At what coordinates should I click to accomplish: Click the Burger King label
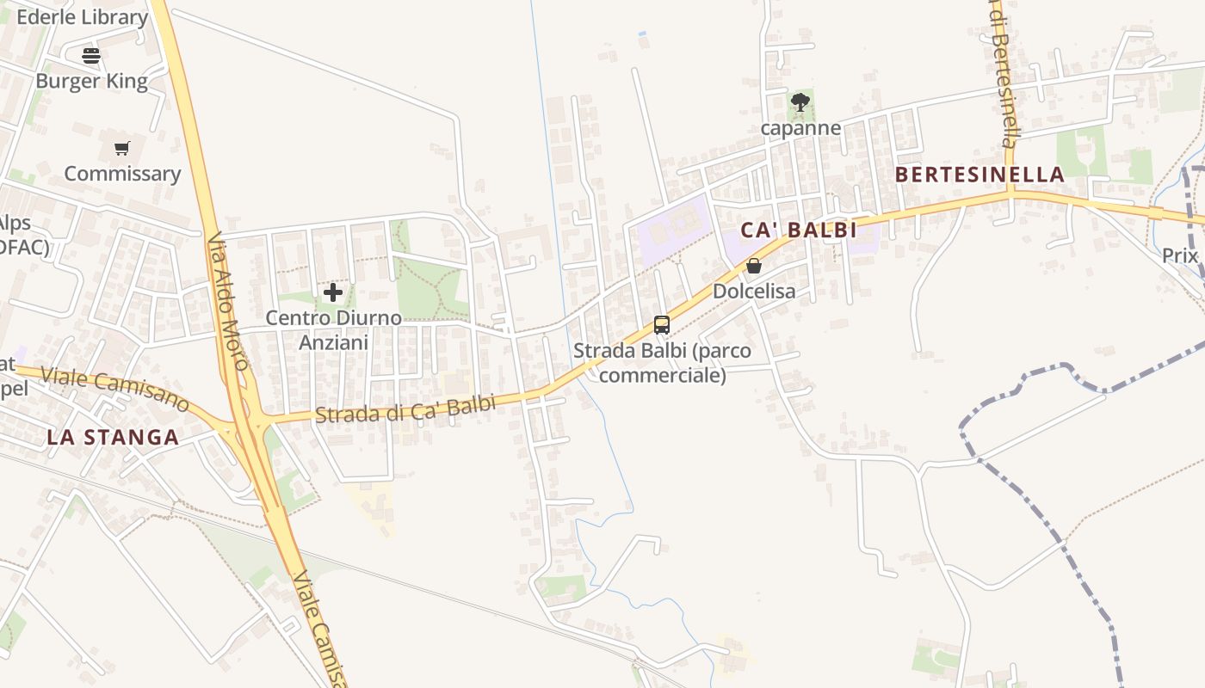pos(91,82)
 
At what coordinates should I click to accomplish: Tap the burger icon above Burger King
pos(91,57)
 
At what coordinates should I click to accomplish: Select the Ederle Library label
pos(83,17)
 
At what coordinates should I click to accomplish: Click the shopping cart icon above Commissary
pos(121,149)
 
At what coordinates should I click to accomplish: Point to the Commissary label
pos(122,174)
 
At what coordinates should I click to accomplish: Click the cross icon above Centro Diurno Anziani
pos(333,293)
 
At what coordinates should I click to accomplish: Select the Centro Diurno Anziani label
pos(333,330)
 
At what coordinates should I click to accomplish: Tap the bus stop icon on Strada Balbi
pos(662,325)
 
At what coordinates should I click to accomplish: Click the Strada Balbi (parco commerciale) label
pos(662,363)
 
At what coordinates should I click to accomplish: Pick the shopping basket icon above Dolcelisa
pos(754,267)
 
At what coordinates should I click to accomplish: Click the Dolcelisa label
pos(754,292)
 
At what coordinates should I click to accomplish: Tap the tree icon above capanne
pos(800,103)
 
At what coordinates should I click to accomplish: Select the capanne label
pos(800,128)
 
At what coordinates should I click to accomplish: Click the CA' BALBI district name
pos(799,230)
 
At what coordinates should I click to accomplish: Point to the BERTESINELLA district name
pos(979,175)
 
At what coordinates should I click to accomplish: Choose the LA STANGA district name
pos(113,437)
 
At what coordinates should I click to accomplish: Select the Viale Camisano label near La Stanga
pos(114,388)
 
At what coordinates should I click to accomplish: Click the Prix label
pos(1180,255)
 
